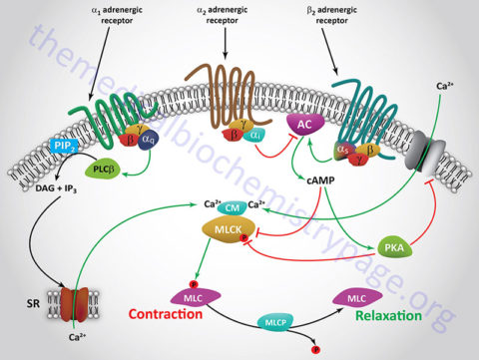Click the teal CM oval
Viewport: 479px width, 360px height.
point(232,207)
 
